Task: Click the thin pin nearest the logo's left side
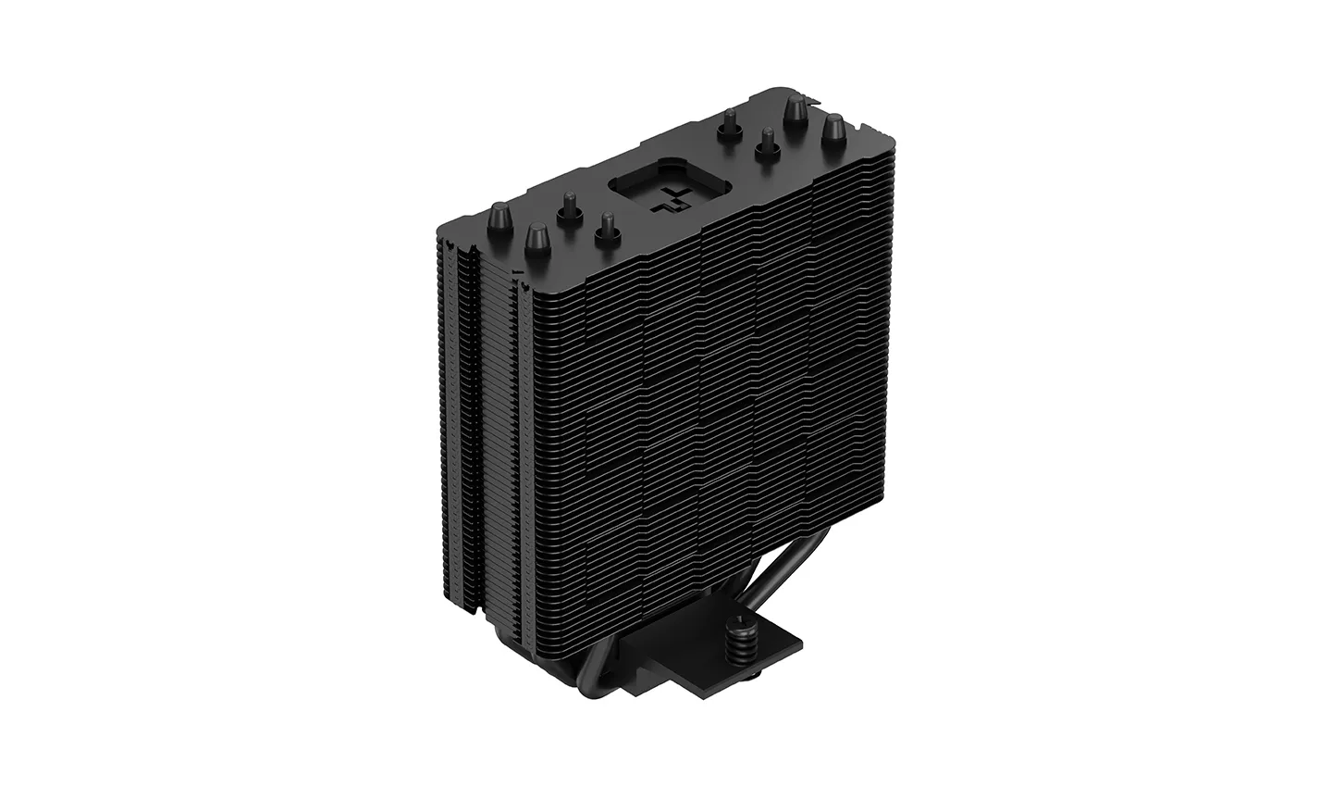pos(606,228)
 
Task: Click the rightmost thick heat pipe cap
pos(833,131)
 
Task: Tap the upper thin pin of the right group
pos(730,123)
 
